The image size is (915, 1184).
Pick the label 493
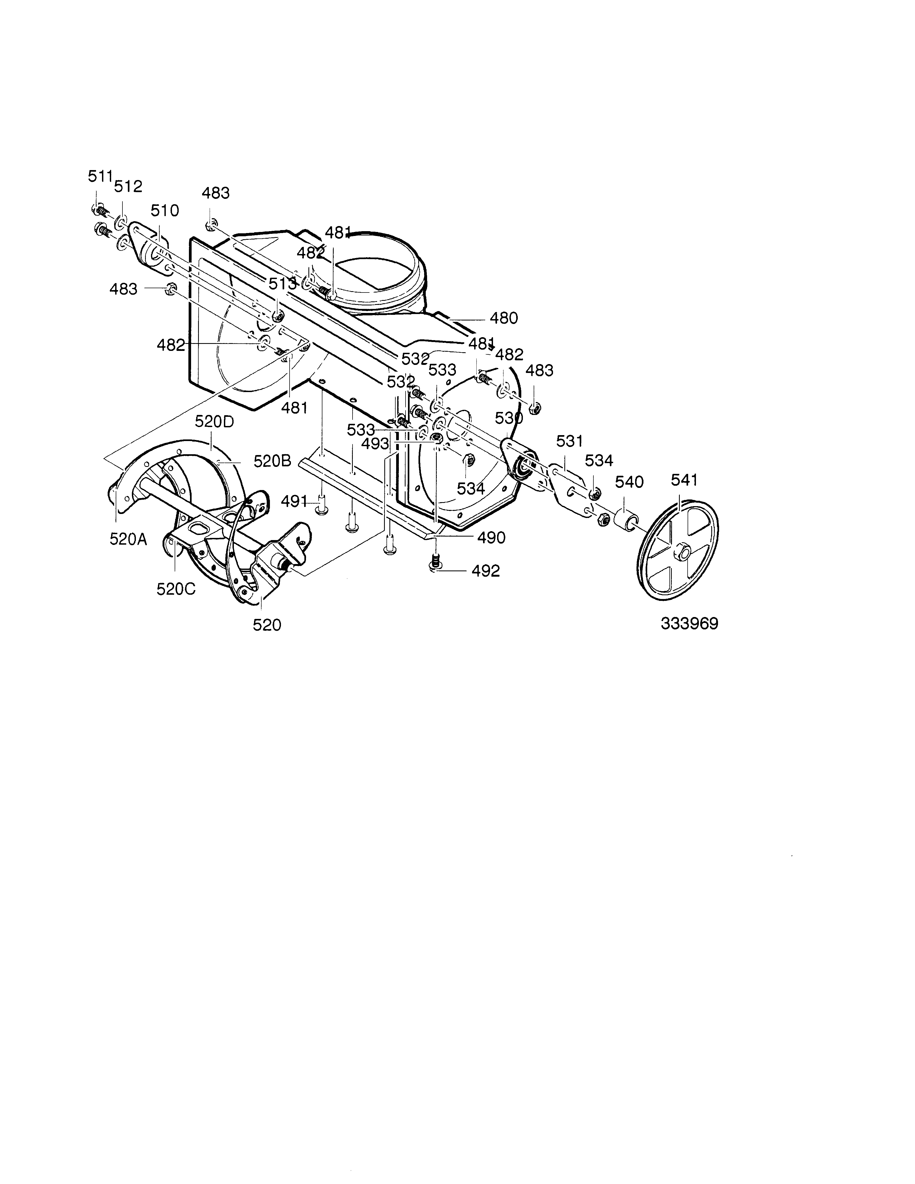[x=375, y=444]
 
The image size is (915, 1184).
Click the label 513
[x=283, y=284]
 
